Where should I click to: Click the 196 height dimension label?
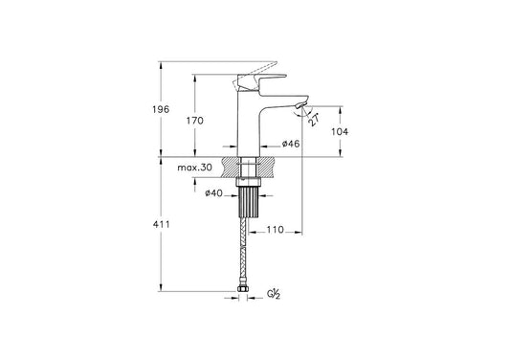[x=161, y=109]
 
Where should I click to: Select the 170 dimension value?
[x=195, y=121]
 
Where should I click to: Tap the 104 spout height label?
[x=340, y=131]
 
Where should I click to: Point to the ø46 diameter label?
[x=291, y=144]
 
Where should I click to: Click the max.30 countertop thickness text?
[x=195, y=168]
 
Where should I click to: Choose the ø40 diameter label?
[x=213, y=193]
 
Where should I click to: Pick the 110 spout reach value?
[x=276, y=230]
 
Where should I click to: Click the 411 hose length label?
[x=162, y=224]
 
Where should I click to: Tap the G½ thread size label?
[x=274, y=294]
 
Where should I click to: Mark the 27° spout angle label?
[x=313, y=120]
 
